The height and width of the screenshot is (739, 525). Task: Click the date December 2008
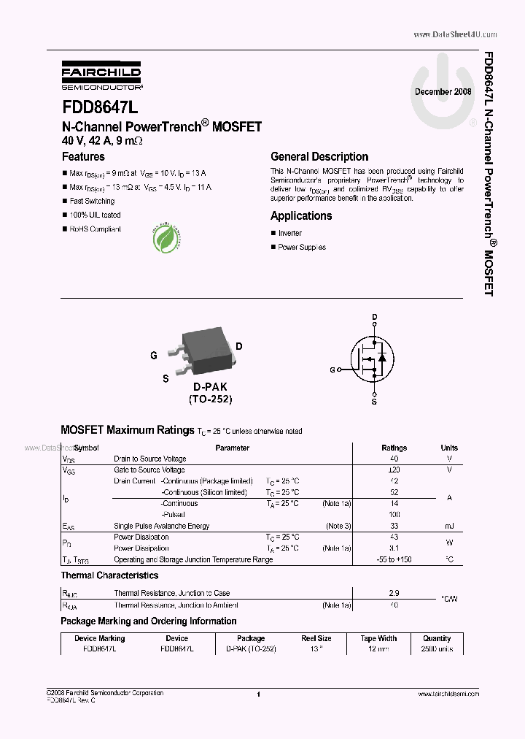coord(443,92)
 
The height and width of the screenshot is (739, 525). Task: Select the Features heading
coord(83,156)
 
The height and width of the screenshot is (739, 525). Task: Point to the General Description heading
coord(319,156)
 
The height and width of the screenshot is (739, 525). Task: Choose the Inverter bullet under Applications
coord(289,233)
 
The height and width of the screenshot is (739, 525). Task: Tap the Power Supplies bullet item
coord(301,247)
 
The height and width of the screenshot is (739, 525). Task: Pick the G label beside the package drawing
coord(154,356)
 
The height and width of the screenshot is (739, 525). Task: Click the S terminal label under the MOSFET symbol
coord(374,402)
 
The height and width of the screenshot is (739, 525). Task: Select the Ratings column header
coord(394,448)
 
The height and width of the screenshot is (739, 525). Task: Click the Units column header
coord(449,448)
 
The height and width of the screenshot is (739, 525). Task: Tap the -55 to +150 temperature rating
coord(394,560)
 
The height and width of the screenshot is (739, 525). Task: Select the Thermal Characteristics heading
coord(109,576)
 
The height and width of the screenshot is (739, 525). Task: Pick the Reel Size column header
coord(316,638)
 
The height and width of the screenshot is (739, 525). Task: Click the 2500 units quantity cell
coord(437,649)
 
